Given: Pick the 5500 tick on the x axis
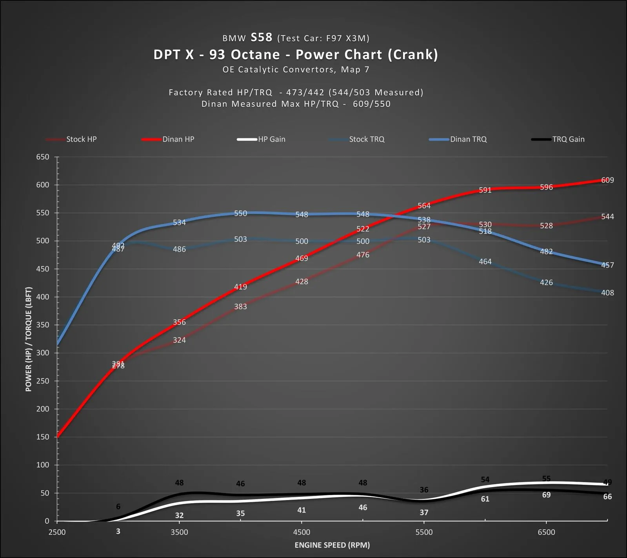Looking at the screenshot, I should pos(424,532).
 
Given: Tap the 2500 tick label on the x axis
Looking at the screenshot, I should pos(57,532).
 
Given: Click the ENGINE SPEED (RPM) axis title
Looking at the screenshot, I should pos(332,545).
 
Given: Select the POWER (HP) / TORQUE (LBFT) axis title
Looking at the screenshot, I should pos(29,339).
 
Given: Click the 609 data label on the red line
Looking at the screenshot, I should pos(607,180).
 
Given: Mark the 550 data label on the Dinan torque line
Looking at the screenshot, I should pos(240,214).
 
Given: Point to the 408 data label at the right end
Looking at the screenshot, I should pos(607,293).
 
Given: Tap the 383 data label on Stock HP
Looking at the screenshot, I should pos(240,306).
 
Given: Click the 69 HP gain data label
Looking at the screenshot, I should pos(546,495).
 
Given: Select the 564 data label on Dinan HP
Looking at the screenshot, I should pos(424,206).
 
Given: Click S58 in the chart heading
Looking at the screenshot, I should pos(261,37).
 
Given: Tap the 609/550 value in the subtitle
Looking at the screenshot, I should pos(371,104).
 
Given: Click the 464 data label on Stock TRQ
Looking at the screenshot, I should pos(485,261).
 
